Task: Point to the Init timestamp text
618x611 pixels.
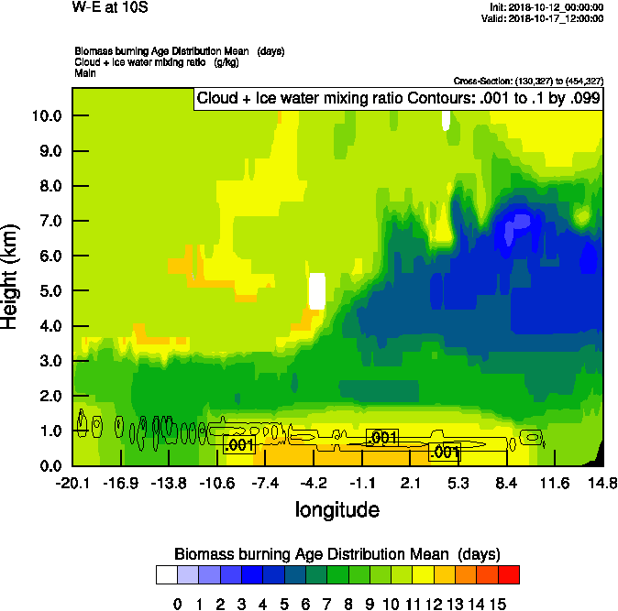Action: pos(546,6)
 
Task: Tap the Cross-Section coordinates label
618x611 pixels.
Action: pos(528,81)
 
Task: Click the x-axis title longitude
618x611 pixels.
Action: pos(337,509)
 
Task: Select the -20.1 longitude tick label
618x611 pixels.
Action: pos(72,484)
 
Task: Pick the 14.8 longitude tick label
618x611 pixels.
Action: pos(602,484)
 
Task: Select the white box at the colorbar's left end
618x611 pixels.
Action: pos(166,575)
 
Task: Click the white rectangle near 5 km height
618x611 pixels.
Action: pos(317,291)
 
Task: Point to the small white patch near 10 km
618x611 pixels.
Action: pos(446,120)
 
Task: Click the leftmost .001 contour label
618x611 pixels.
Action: pos(237,445)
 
